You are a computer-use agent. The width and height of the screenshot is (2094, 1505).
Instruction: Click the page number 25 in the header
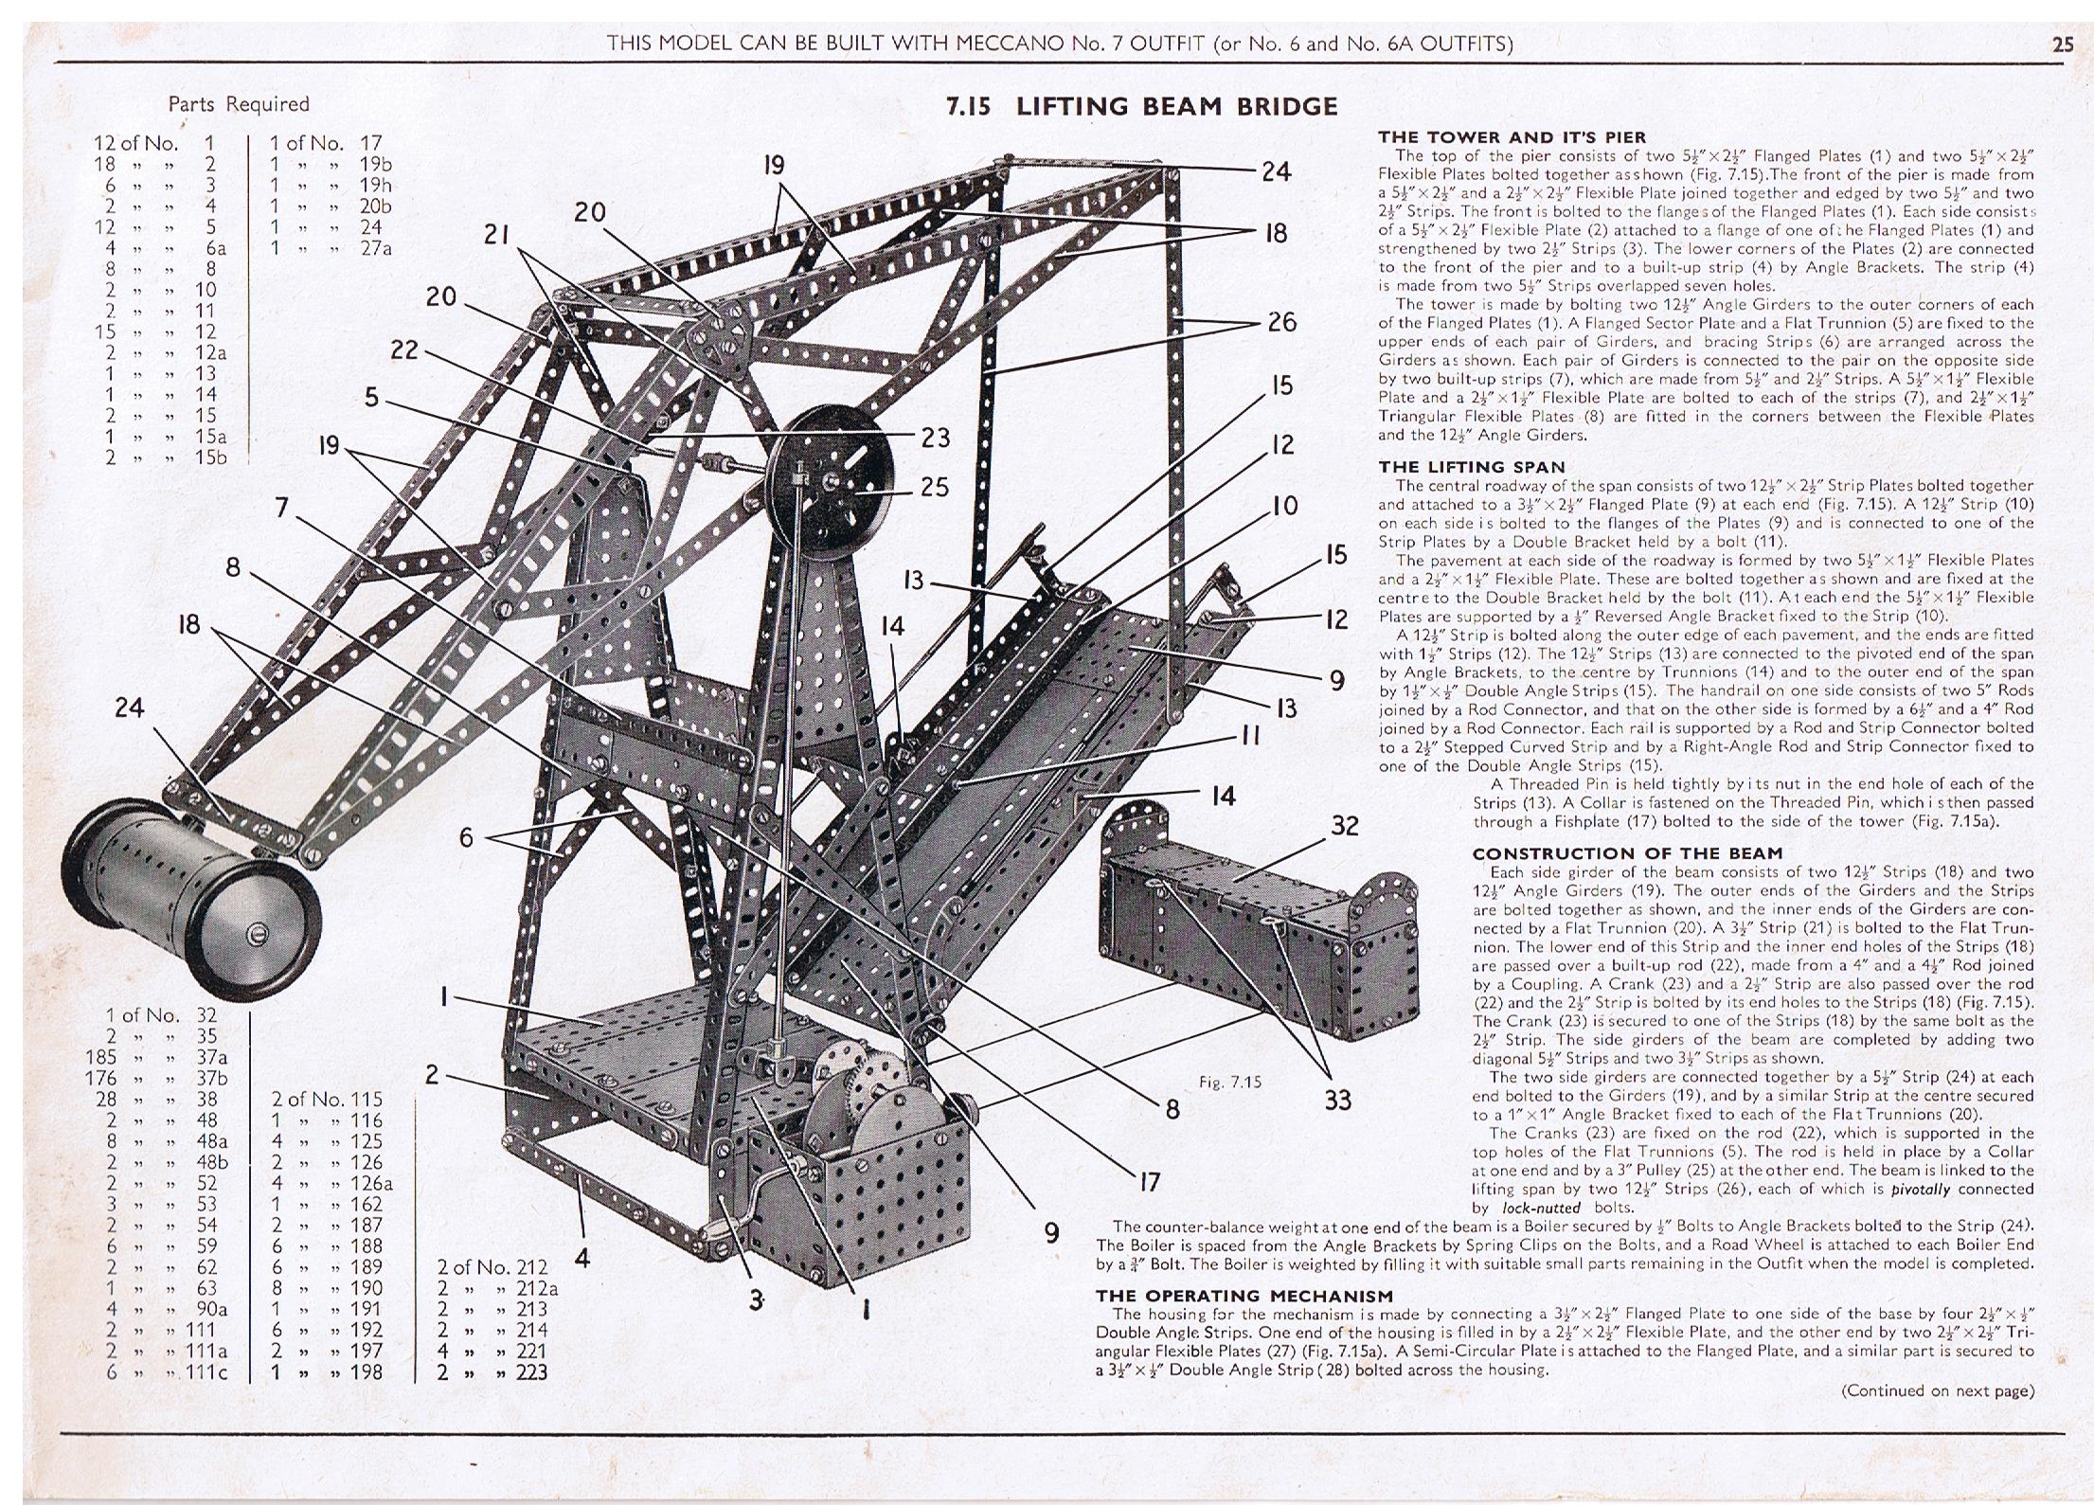[x=2063, y=44]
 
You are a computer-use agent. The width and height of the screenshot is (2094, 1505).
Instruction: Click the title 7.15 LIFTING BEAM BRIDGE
[x=1142, y=106]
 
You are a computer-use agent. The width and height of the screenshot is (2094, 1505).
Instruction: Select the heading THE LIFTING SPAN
[x=1472, y=467]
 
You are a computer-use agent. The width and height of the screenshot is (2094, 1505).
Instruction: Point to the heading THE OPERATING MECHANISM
[x=1244, y=1296]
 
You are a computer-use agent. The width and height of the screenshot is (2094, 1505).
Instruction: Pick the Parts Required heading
[x=239, y=104]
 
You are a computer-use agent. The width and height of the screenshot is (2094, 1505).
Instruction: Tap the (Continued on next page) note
[x=1938, y=1390]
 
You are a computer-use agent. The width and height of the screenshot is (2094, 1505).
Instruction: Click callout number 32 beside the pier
[x=1345, y=826]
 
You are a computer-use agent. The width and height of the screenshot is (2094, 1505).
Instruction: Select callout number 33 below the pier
[x=1338, y=1100]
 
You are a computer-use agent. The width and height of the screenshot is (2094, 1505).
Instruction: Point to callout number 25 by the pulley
[x=935, y=487]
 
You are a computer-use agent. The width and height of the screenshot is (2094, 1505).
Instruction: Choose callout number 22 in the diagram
[x=404, y=350]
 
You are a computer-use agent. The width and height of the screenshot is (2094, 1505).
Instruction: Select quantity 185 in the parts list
[x=101, y=1057]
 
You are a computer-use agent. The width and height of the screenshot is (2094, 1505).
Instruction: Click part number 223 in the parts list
[x=531, y=1371]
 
